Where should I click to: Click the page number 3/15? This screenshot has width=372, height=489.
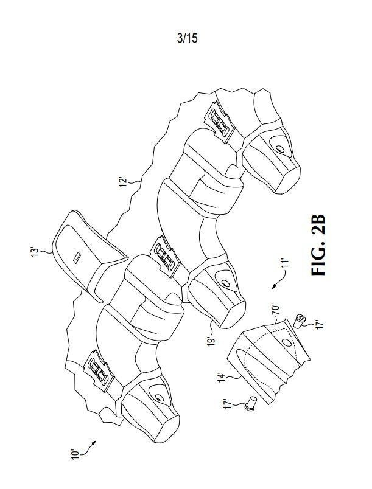(x=187, y=38)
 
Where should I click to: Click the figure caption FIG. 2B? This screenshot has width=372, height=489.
(x=319, y=245)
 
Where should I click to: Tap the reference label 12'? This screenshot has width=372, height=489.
(x=123, y=182)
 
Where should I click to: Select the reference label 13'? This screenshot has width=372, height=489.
(x=34, y=252)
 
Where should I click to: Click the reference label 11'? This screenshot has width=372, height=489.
(x=284, y=263)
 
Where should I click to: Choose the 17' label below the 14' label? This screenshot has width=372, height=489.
(x=228, y=404)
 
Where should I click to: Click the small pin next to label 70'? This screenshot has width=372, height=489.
(x=300, y=321)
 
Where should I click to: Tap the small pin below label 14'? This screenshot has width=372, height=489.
(x=251, y=403)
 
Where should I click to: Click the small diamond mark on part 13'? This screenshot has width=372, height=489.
(x=77, y=257)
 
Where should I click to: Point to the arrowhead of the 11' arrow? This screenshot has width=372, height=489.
(x=274, y=286)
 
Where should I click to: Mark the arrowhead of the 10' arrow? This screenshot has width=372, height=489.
(x=94, y=443)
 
